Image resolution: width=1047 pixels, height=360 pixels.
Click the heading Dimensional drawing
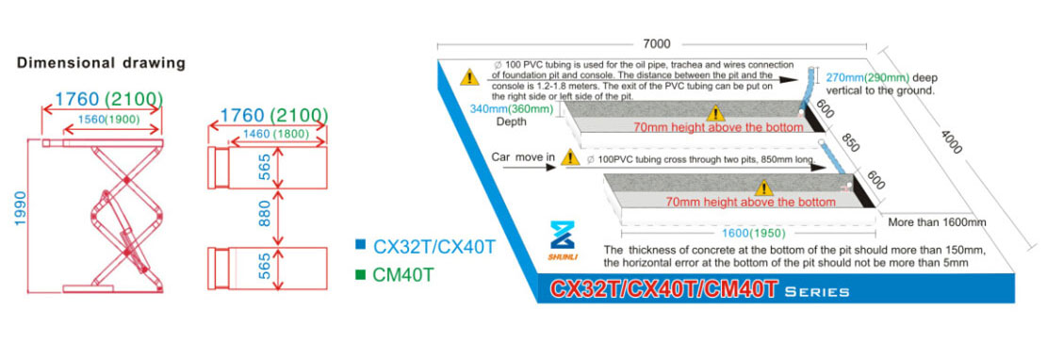101,63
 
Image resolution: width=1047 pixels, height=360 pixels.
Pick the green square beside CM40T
361,276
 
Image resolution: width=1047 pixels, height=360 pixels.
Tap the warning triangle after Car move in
569,157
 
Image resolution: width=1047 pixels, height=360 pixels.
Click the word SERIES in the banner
819,291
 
